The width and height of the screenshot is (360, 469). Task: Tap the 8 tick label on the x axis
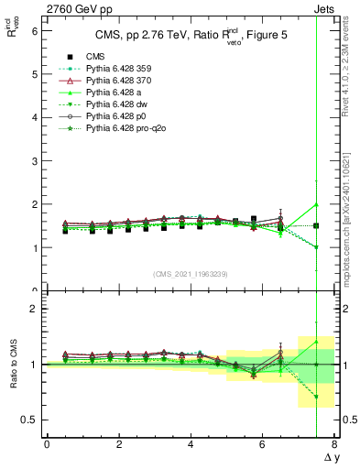tap(334, 444)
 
